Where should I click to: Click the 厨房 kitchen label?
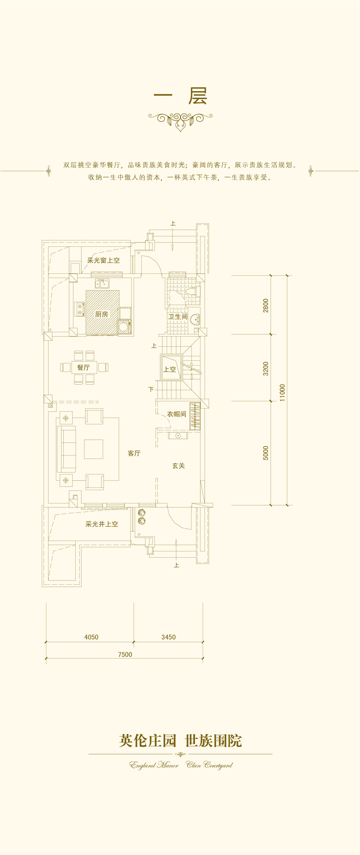(102, 314)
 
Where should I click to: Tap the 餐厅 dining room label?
(84, 367)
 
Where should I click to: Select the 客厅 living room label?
(134, 453)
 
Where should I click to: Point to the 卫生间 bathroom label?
(178, 317)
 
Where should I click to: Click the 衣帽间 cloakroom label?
(176, 414)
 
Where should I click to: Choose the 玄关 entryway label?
(179, 466)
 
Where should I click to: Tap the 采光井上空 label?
(102, 524)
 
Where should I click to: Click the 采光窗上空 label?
(104, 260)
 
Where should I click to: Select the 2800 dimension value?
(266, 306)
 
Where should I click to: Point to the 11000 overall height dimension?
(282, 393)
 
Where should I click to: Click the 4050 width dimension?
(91, 637)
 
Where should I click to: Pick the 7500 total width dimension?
(125, 655)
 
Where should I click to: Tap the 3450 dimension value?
(168, 637)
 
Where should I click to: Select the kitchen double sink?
(102, 284)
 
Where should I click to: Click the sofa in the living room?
(67, 449)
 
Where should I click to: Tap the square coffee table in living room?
(94, 449)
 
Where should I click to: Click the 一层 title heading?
(180, 96)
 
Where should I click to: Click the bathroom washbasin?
(195, 319)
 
